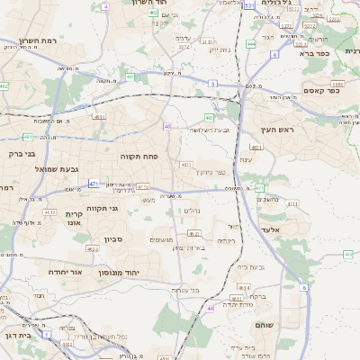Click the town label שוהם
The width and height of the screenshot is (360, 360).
[265, 323]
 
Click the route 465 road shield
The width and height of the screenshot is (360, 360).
[348, 256]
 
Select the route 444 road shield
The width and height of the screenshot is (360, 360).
[251, 43]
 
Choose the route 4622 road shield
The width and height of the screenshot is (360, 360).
[92, 248]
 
